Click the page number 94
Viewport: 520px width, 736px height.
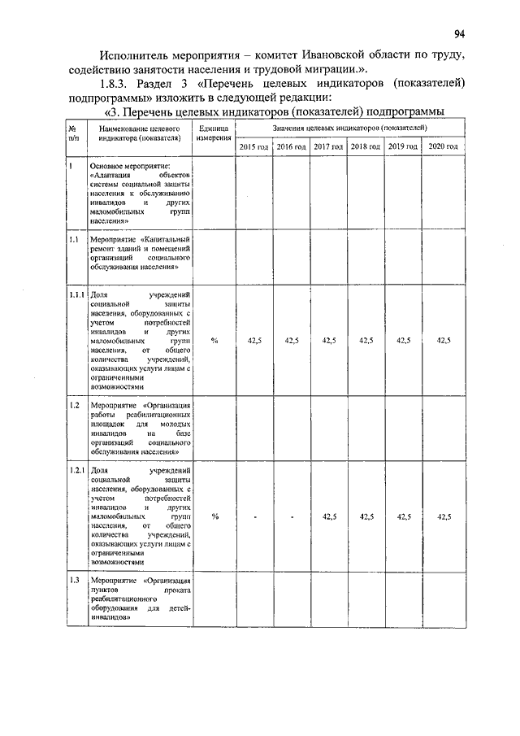point(460,33)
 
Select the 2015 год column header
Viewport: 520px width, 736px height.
point(253,146)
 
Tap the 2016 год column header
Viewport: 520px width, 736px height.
point(291,146)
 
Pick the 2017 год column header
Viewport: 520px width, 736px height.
point(328,146)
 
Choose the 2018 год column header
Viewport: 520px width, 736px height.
point(365,146)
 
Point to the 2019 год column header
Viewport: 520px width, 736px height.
point(402,146)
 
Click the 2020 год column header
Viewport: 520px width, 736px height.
point(444,146)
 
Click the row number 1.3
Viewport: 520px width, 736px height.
point(73,581)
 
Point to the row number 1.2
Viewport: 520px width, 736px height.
point(73,404)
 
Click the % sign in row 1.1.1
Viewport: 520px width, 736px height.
point(214,340)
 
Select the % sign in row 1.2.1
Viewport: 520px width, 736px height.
point(214,516)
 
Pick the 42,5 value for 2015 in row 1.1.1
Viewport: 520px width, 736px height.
point(254,340)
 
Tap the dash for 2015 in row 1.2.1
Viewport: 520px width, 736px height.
point(254,517)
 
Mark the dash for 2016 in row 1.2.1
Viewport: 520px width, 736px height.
point(291,517)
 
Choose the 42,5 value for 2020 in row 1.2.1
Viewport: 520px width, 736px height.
point(444,516)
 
